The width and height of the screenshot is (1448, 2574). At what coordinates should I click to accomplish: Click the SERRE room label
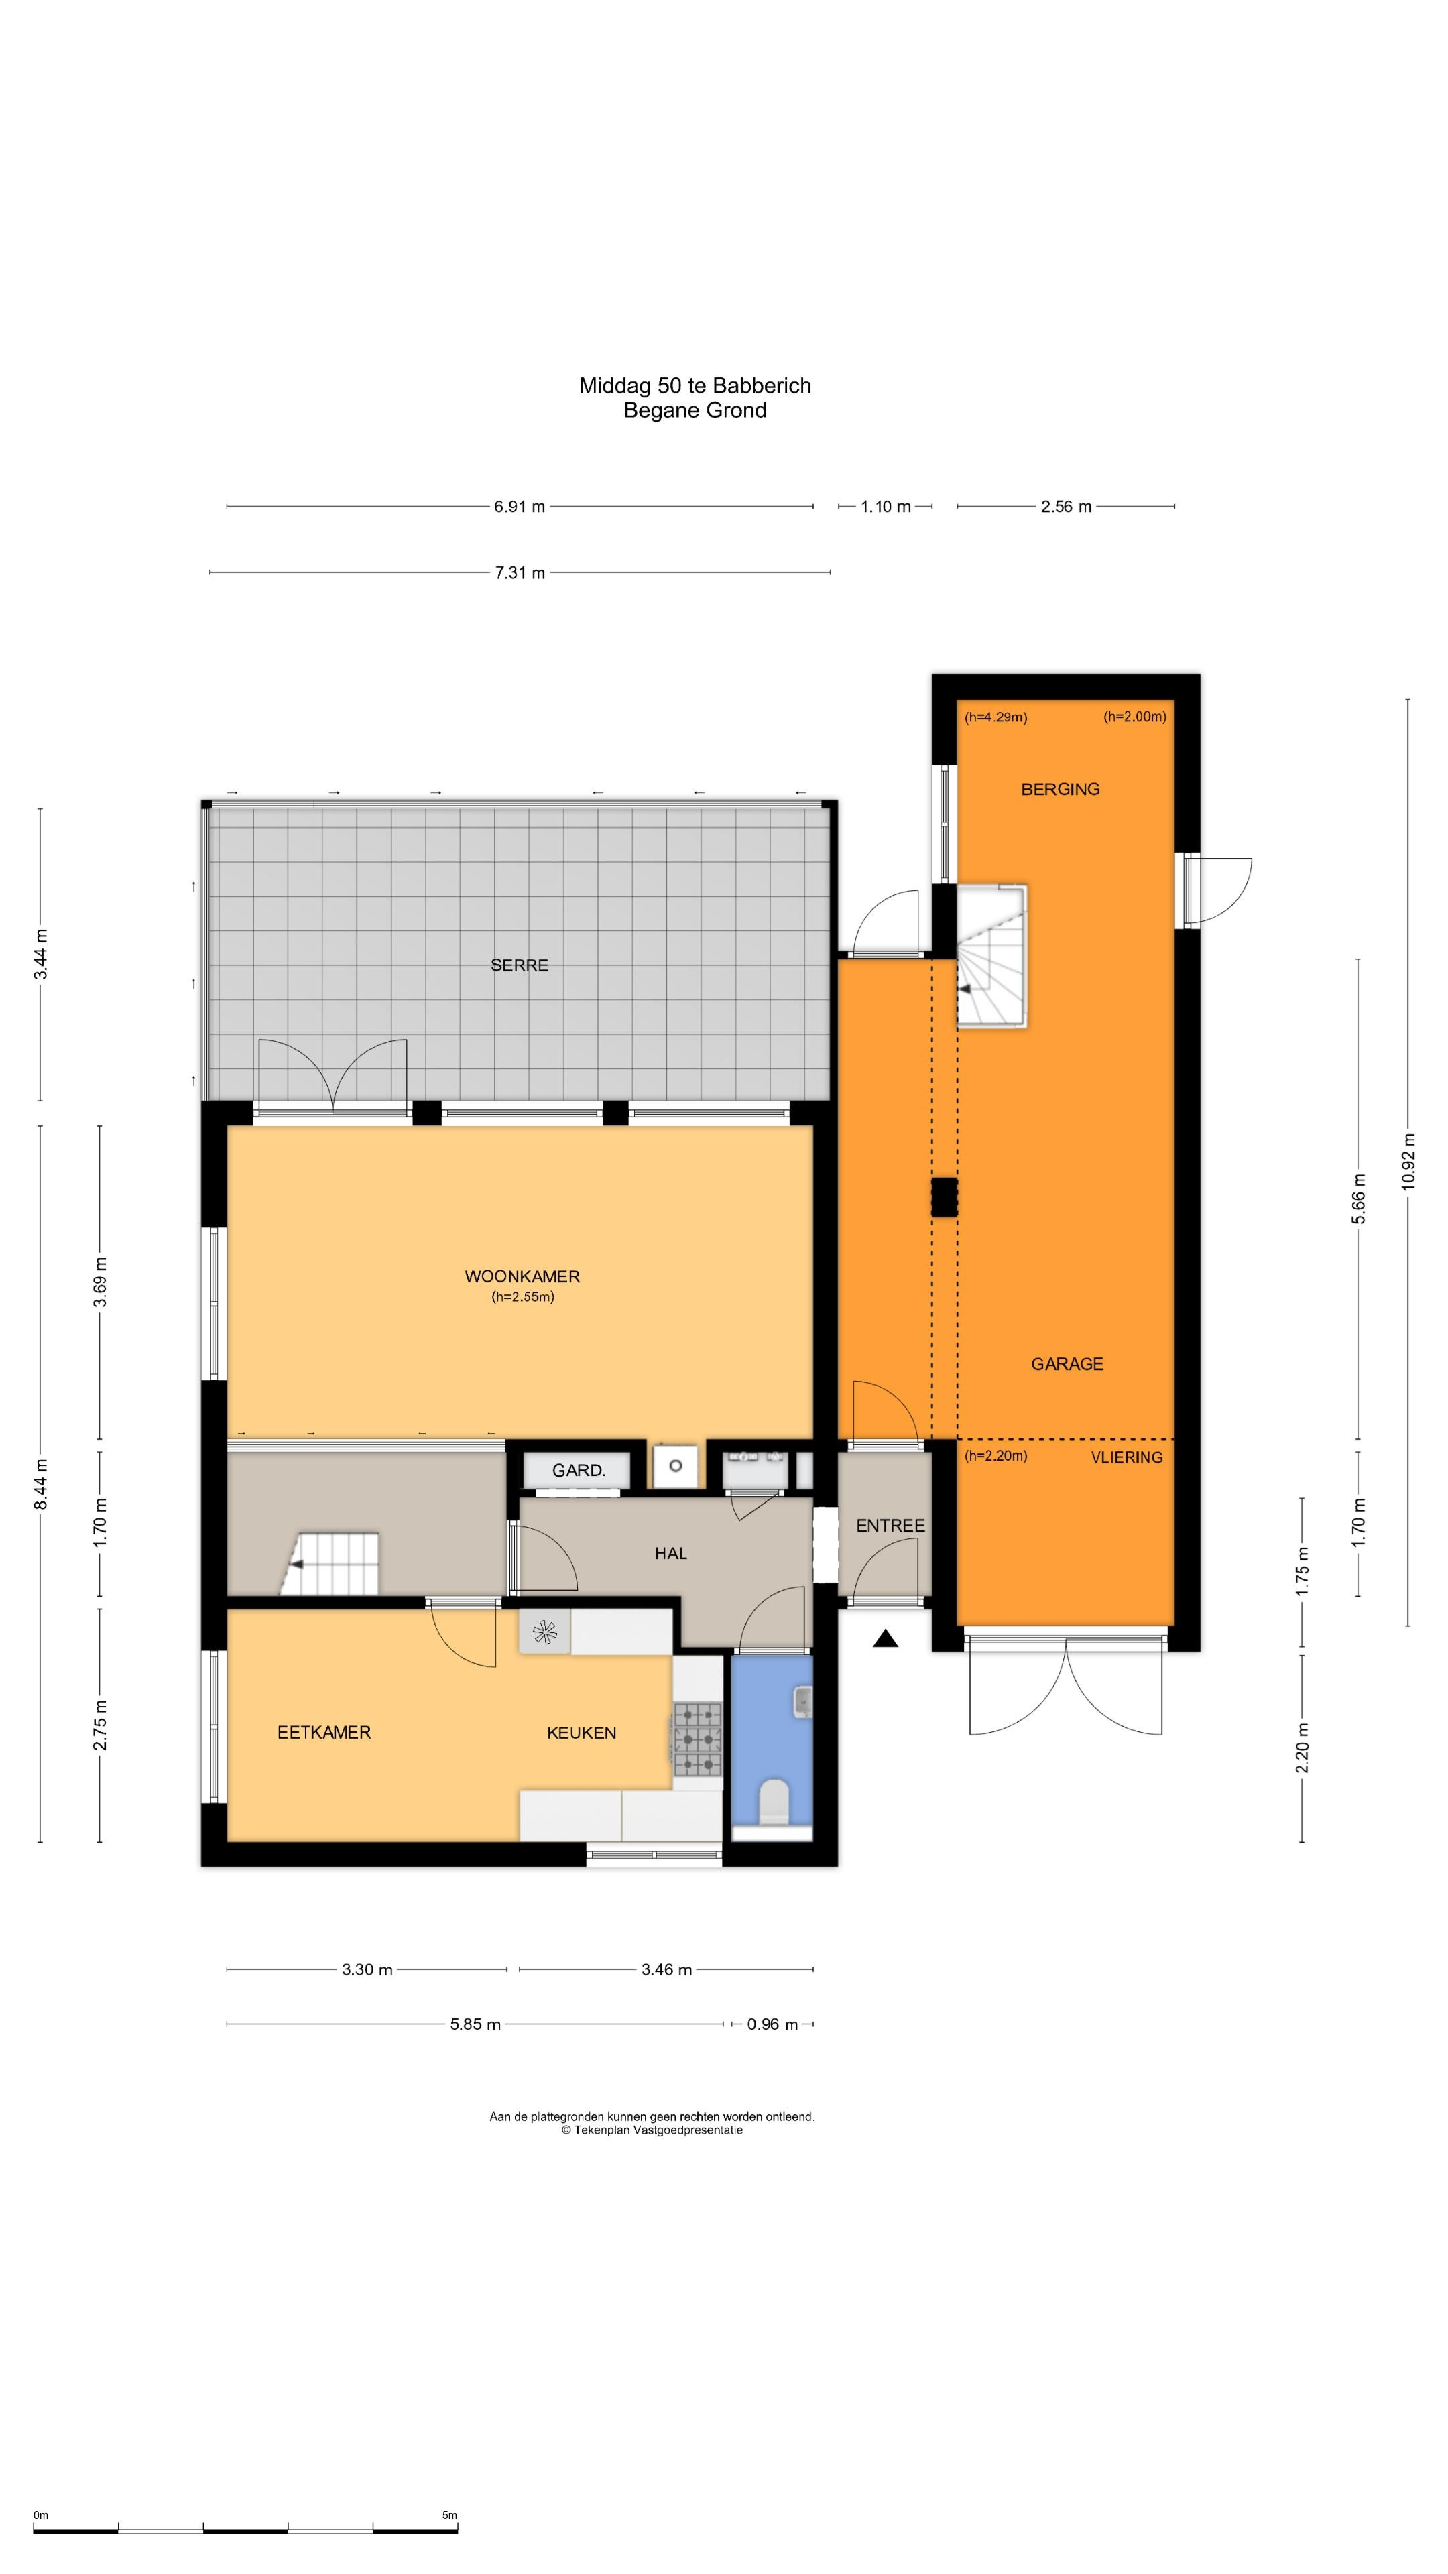coord(519,965)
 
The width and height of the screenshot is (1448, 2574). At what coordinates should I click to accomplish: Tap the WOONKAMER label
coord(522,1276)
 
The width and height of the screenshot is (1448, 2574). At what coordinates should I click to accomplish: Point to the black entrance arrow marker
coord(884,1638)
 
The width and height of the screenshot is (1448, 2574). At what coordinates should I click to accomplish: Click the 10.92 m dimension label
coord(1408,1161)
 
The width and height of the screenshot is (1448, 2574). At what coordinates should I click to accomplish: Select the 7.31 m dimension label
coord(520,572)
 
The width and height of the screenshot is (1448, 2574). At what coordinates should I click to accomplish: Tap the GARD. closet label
coord(579,1470)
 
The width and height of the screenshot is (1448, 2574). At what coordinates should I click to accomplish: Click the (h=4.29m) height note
coord(995,717)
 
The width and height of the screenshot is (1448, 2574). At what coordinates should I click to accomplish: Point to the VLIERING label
coord(1126,1457)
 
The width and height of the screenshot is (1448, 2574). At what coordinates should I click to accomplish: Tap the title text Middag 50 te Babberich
coord(695,385)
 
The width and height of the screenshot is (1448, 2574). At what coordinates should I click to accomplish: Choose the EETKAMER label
coord(324,1733)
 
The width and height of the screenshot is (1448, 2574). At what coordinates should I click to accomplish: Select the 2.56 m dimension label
coord(1065,507)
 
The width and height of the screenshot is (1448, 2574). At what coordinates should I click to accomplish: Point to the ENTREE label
coord(890,1526)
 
